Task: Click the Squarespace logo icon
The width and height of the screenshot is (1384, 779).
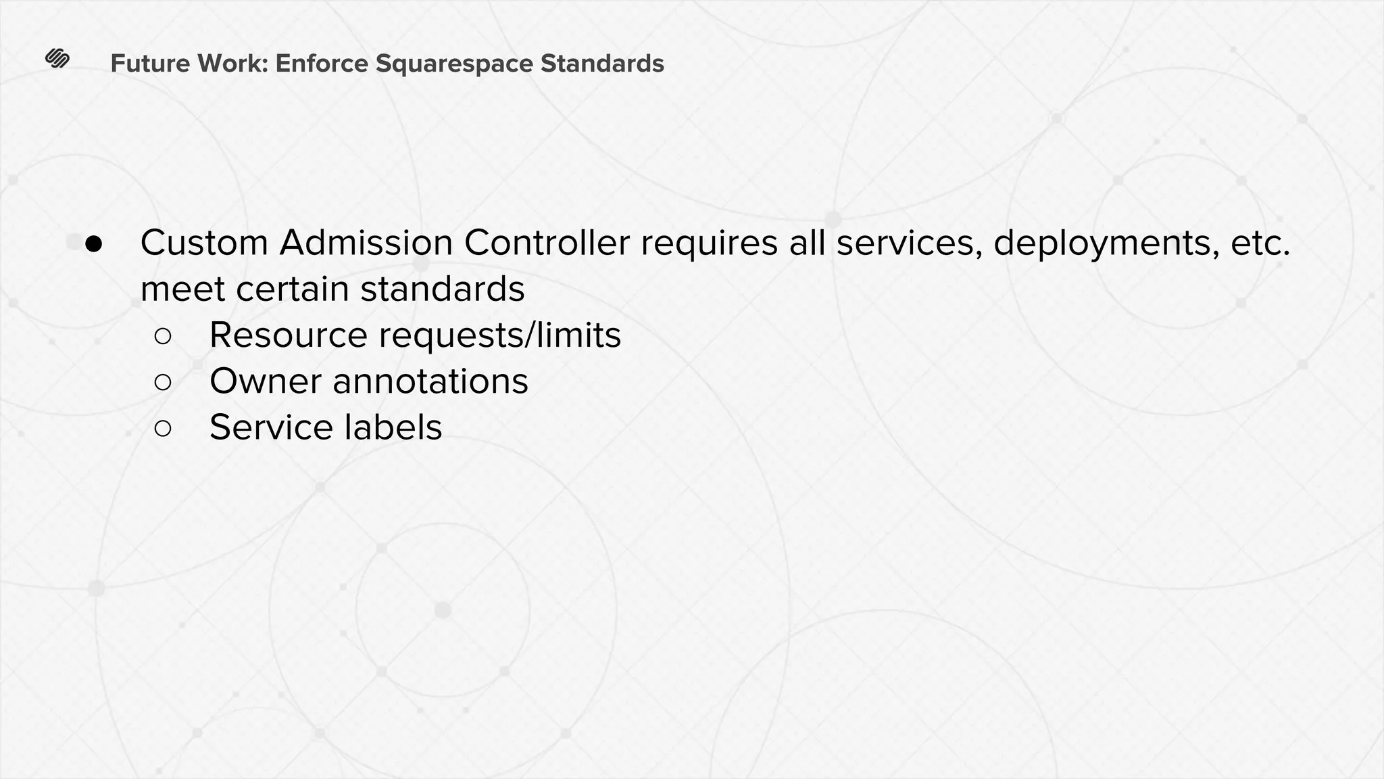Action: coord(57,60)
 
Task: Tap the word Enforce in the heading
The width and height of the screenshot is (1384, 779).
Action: coord(322,64)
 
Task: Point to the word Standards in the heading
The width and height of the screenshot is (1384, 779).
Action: coord(602,64)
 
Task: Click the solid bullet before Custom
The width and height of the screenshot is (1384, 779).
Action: coord(93,243)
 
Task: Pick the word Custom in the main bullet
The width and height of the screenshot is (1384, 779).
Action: coord(204,243)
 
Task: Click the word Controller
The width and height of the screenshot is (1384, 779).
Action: coord(546,243)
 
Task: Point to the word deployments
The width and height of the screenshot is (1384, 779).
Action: coord(1106,243)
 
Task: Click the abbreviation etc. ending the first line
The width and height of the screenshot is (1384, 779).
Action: coord(1260,243)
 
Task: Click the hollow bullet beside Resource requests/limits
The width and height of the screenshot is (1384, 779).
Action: coord(163,336)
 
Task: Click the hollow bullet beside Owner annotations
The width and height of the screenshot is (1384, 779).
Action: coord(163,382)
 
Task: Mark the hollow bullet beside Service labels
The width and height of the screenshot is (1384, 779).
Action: coord(163,428)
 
